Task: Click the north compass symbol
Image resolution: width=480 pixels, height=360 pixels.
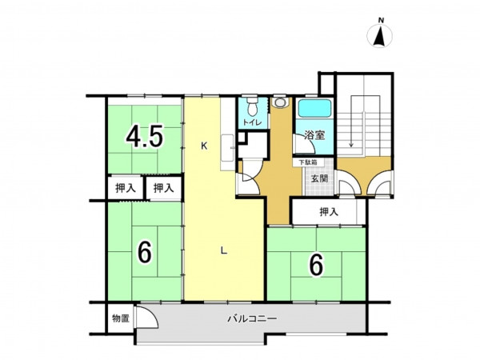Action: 379,34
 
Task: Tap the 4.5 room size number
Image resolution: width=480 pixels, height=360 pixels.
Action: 144,136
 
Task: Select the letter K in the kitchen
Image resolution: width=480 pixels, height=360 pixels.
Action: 204,146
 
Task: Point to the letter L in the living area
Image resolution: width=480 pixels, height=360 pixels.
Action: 224,251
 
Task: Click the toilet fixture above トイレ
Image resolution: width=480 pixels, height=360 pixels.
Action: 253,106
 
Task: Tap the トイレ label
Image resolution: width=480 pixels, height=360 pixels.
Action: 253,122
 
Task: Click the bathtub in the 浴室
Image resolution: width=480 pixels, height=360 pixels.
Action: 315,108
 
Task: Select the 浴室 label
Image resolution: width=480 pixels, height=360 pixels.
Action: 314,135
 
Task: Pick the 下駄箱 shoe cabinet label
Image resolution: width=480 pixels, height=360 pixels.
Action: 308,162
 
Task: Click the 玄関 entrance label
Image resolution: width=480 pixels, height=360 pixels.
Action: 319,178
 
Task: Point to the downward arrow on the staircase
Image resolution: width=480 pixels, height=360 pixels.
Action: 351,129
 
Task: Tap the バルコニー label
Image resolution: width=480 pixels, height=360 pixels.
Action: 252,318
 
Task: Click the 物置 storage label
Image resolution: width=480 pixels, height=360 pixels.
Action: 121,318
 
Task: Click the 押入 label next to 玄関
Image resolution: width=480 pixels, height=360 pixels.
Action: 329,211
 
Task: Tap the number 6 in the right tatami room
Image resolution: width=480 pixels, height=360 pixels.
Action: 317,265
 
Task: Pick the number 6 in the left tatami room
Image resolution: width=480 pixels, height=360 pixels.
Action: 145,252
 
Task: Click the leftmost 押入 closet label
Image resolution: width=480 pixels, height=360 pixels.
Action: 126,188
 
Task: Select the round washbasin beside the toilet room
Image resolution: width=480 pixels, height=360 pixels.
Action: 279,102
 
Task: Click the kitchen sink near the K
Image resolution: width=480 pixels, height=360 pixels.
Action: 228,148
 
